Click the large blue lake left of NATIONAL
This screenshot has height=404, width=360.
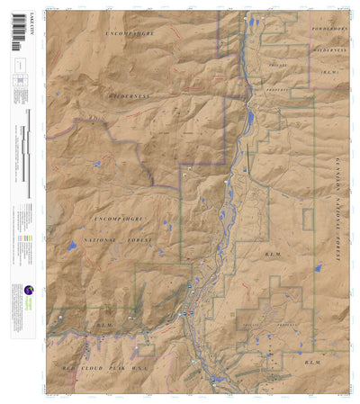pyautogui.click(x=71, y=245)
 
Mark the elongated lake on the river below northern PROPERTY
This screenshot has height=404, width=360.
pyautogui.click(x=249, y=118)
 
